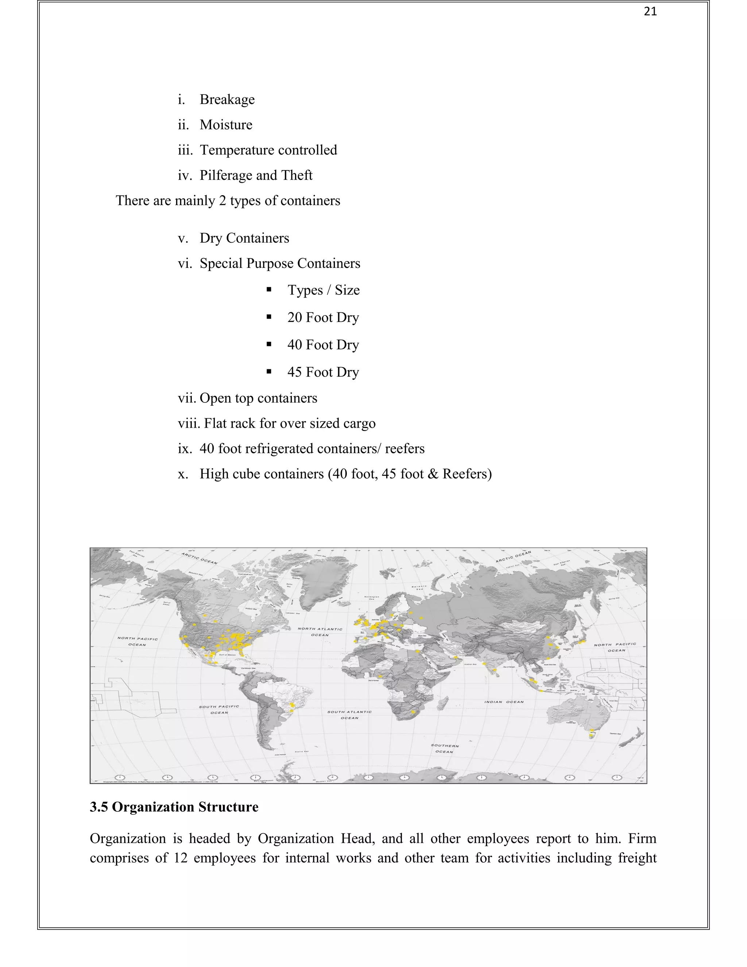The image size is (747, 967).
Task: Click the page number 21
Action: coord(650,12)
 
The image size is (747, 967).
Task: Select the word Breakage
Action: coord(227,100)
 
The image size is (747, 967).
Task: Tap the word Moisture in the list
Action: coord(226,125)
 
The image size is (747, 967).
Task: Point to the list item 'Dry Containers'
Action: coord(244,238)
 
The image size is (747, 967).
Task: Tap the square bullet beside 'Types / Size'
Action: coord(268,290)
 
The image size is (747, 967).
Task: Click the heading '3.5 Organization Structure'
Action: coord(174,807)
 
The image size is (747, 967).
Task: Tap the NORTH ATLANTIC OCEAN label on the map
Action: coord(320,632)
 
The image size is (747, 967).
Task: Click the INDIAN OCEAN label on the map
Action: coord(504,702)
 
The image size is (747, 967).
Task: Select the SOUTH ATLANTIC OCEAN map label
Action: coord(349,714)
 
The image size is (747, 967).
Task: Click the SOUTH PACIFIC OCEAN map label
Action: coord(219,709)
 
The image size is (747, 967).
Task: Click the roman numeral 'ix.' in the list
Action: coord(184,449)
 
